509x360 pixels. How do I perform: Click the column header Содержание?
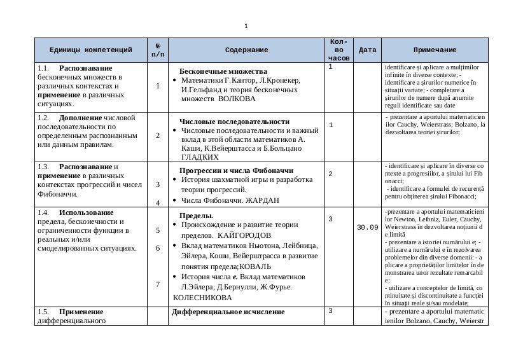pyautogui.click(x=246, y=50)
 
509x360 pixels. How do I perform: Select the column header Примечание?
pyautogui.click(x=435, y=50)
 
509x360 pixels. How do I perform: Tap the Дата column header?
pyautogui.click(x=368, y=50)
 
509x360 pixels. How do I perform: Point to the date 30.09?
pyautogui.click(x=368, y=227)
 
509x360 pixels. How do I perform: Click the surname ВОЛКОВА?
pyautogui.click(x=237, y=99)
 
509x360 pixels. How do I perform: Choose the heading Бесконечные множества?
pyautogui.click(x=223, y=71)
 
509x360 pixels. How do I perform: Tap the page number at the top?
pyautogui.click(x=246, y=26)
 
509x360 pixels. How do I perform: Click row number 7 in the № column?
pyautogui.click(x=158, y=284)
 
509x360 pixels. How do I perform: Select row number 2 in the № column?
pyautogui.click(x=158, y=135)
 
